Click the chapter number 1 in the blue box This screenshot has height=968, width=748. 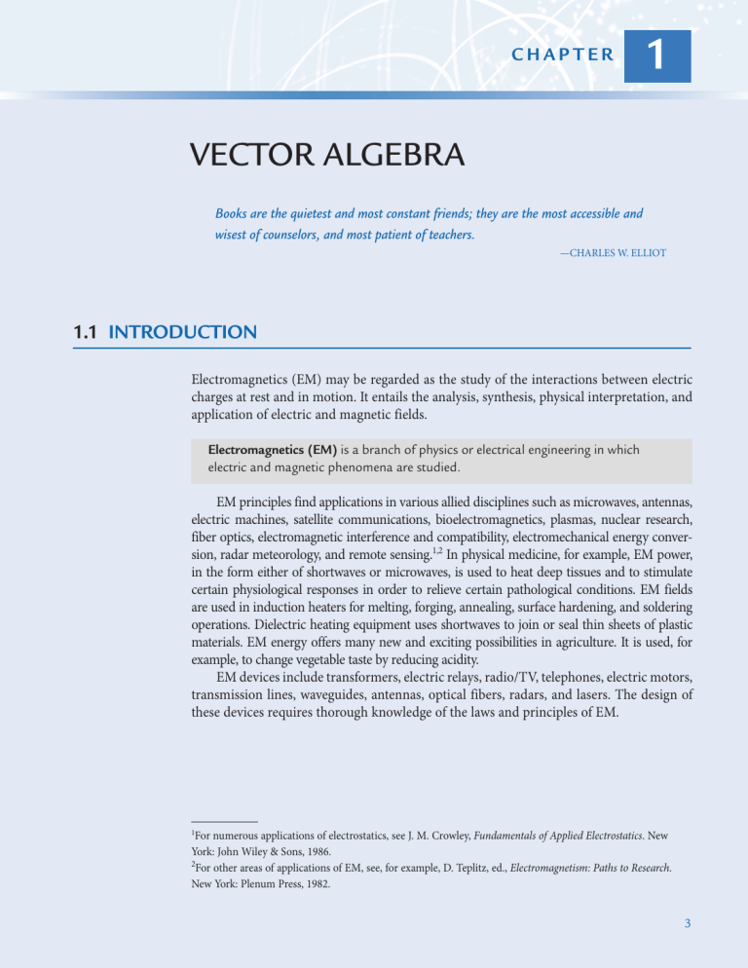click(658, 56)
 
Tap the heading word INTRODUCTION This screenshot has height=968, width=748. click(183, 332)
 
